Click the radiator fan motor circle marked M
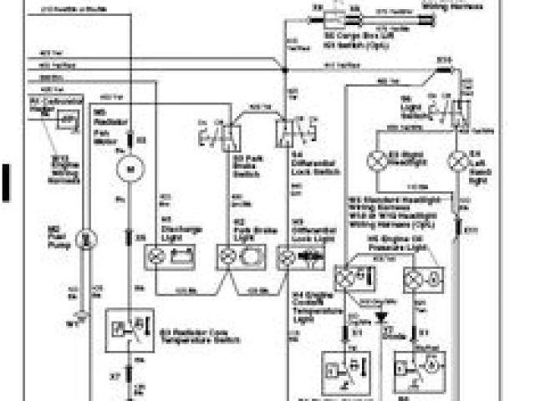click(130, 171)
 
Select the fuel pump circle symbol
click(84, 239)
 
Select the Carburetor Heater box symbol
click(66, 120)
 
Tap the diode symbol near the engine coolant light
click(384, 317)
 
